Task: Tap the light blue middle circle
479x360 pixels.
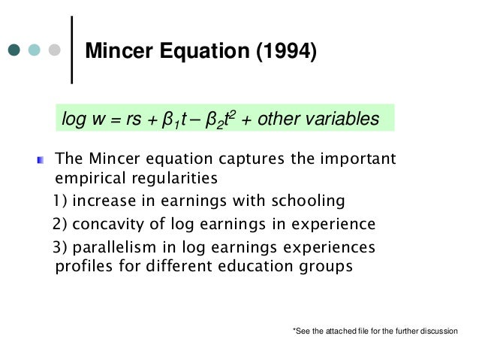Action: [x=35, y=51]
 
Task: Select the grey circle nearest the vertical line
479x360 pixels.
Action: [x=54, y=51]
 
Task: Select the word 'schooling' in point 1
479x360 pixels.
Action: [x=311, y=201]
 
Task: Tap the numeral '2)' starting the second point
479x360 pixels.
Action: [x=61, y=224]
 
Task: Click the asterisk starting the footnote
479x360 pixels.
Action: [x=293, y=330]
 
